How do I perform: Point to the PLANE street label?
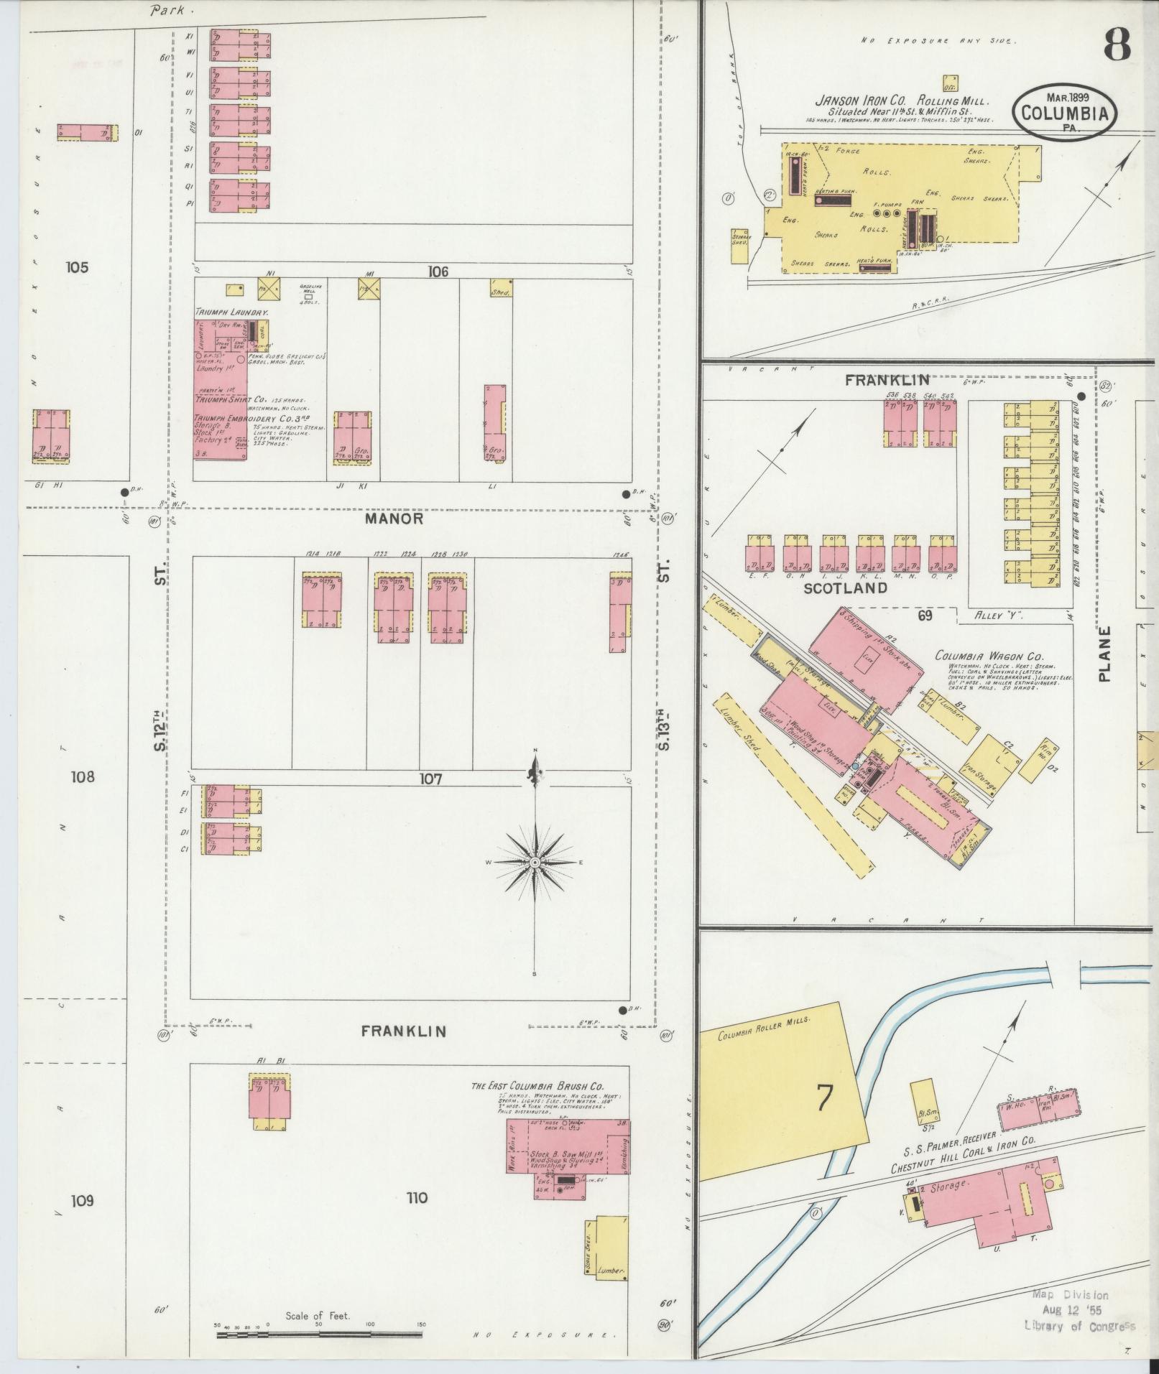pos(1104,654)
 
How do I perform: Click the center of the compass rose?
pos(535,861)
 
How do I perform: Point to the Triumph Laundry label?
pos(231,313)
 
